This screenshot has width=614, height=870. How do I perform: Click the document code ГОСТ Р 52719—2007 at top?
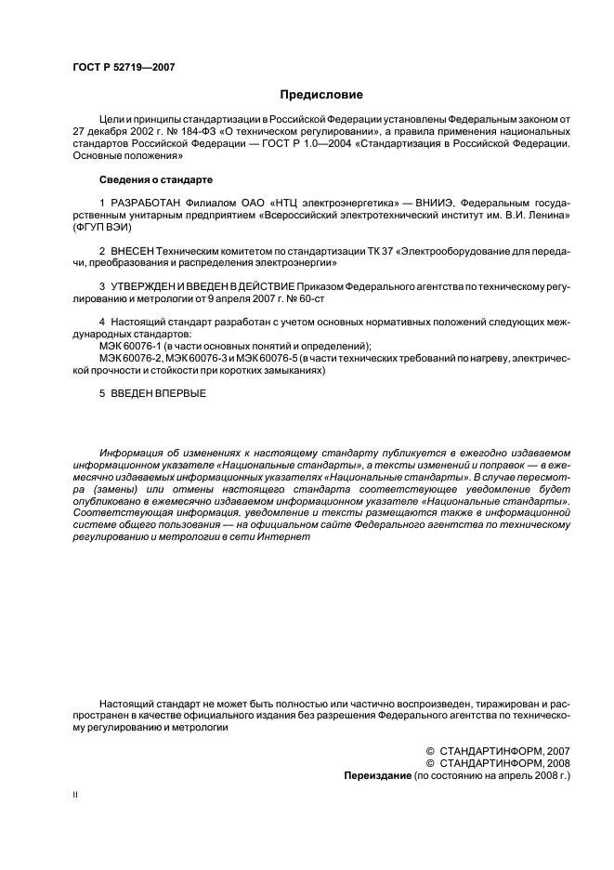pos(123,67)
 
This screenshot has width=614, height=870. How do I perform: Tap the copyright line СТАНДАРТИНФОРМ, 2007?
pos(504,750)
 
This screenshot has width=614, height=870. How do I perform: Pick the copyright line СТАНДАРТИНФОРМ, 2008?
pos(504,762)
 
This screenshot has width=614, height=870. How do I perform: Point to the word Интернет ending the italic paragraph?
pos(283,538)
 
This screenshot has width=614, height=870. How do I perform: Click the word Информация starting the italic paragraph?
pos(135,449)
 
